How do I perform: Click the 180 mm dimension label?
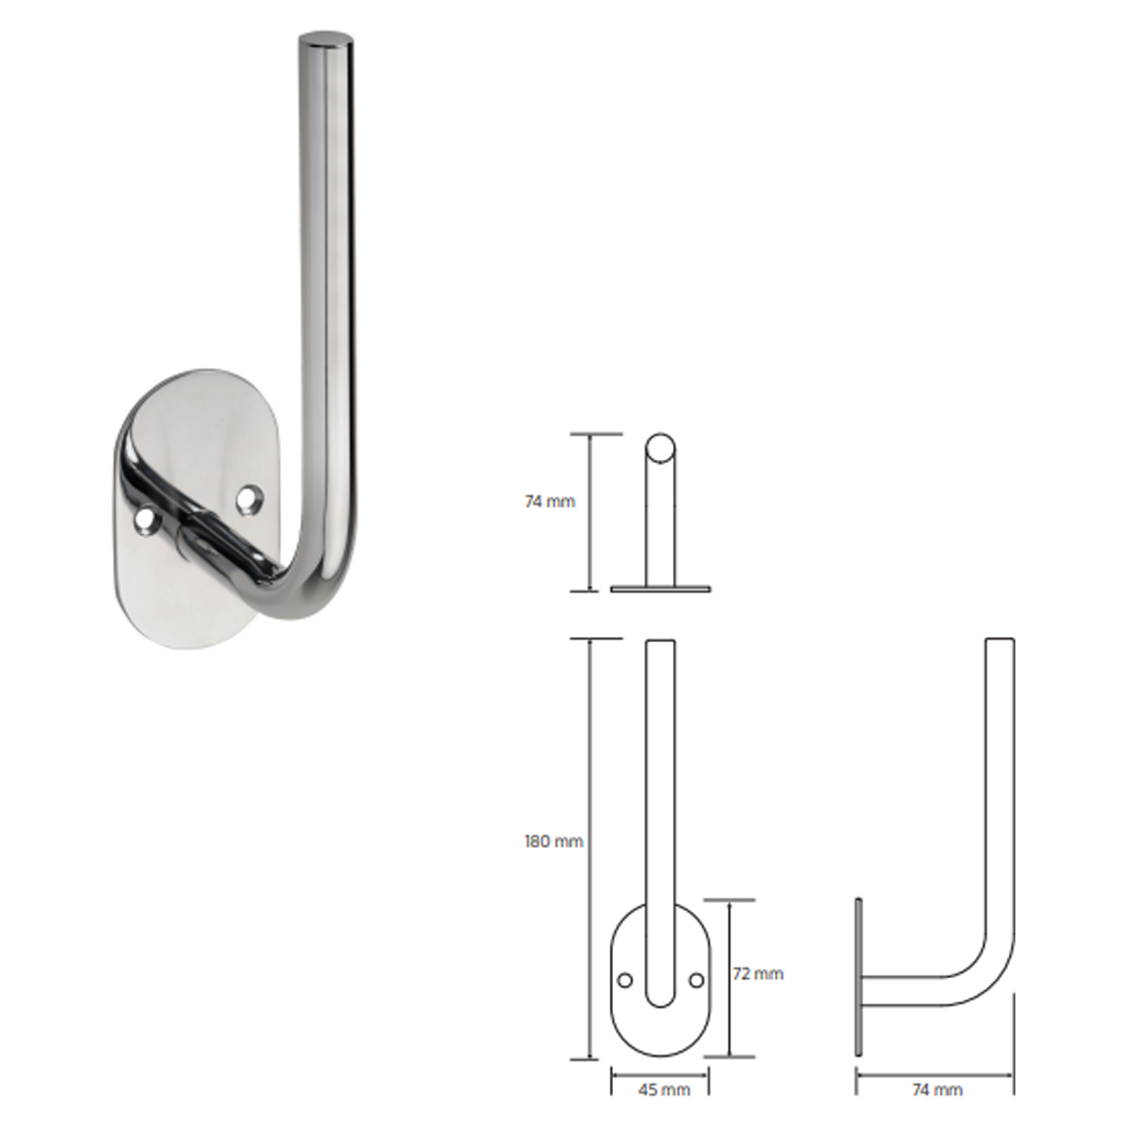pos(553,841)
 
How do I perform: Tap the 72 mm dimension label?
pos(758,974)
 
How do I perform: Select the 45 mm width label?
pos(664,1090)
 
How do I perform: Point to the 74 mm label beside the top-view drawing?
pos(549,501)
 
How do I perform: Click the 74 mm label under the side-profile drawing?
pos(937,1090)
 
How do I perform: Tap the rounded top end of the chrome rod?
pos(326,43)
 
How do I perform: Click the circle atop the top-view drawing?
pos(660,447)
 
